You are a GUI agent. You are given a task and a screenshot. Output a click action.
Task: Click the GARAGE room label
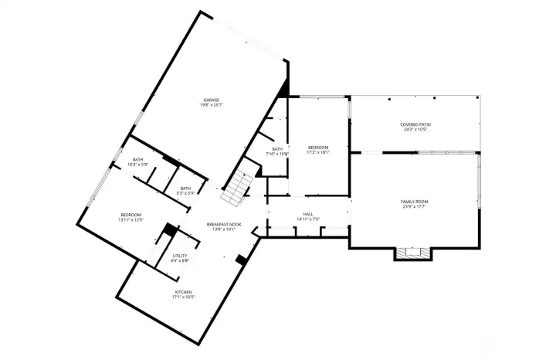212,100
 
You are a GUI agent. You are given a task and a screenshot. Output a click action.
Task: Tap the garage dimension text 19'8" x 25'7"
212,105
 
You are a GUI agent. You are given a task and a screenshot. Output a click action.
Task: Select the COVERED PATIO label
415,124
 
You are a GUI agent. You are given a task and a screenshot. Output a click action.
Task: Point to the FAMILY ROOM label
415,201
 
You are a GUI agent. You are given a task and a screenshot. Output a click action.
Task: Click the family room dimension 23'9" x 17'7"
415,206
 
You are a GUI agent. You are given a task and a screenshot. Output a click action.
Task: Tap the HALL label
308,214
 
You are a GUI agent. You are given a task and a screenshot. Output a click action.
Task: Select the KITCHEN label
183,291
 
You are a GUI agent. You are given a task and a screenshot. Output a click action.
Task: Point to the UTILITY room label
179,255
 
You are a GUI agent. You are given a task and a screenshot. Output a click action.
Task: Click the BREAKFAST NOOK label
224,224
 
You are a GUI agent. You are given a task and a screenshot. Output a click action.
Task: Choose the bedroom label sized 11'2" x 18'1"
318,147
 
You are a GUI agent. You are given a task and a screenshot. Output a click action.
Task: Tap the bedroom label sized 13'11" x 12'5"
131,215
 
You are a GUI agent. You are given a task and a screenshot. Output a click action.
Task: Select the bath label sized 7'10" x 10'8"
277,149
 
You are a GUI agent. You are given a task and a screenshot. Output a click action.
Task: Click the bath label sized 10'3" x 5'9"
138,159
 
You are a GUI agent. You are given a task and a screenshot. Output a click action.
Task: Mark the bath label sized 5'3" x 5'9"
185,188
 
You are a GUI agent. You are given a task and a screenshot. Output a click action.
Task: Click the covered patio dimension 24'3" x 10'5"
415,129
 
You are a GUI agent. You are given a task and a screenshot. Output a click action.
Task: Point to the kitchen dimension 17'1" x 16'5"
183,297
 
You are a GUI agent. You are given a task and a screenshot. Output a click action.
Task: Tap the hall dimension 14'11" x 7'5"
308,219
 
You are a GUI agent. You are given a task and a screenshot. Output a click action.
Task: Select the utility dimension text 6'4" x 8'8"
179,260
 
